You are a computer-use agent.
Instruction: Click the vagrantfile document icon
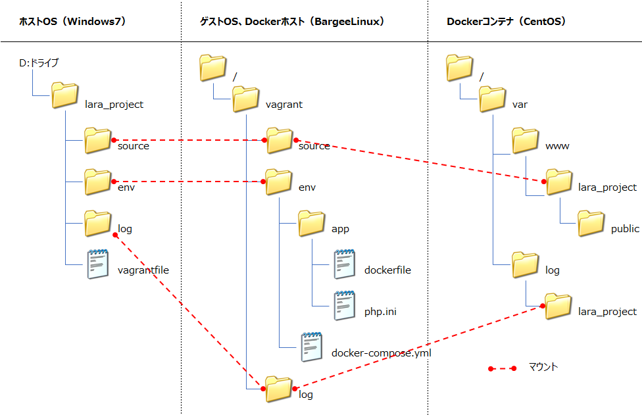tap(98, 263)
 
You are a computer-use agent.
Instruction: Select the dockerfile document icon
tap(344, 263)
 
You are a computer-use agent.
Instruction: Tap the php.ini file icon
tap(344, 305)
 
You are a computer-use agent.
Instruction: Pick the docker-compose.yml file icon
tap(312, 347)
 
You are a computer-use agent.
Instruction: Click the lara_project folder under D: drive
tap(65, 96)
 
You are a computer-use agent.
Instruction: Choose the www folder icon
tap(526, 140)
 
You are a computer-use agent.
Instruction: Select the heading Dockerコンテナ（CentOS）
tap(506, 21)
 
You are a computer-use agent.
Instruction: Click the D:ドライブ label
tap(39, 63)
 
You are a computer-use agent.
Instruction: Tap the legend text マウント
tap(543, 367)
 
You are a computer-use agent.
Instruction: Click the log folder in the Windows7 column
tap(98, 223)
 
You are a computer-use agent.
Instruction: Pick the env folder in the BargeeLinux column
tap(279, 182)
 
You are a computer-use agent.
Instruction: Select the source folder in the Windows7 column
tap(98, 140)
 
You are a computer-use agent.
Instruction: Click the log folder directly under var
tap(526, 264)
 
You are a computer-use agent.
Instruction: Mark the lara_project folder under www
tap(559, 182)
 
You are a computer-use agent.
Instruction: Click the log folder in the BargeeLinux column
tap(279, 389)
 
